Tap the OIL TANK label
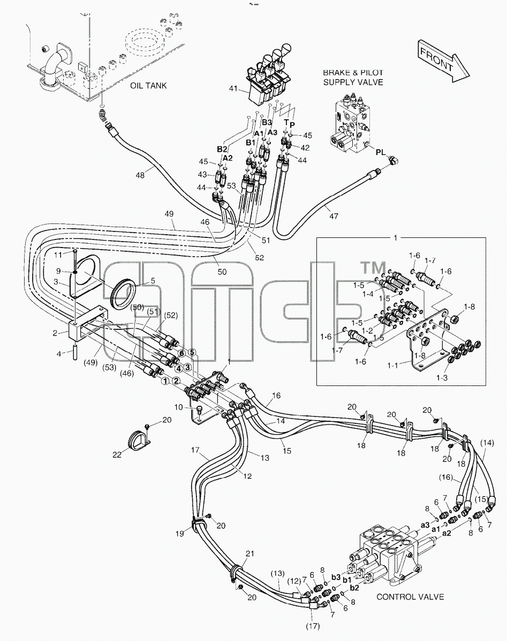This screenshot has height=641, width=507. [148, 86]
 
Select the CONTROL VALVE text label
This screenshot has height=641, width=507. [410, 597]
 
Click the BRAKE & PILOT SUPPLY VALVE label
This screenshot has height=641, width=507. [353, 78]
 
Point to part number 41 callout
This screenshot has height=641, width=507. [233, 88]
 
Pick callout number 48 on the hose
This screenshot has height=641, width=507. [140, 175]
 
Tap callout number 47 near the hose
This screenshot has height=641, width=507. [334, 215]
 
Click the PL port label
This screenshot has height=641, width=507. [381, 152]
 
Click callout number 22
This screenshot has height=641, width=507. [117, 454]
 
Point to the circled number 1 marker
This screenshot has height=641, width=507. [165, 381]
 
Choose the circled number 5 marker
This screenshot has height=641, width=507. [192, 352]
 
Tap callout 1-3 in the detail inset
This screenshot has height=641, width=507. [442, 377]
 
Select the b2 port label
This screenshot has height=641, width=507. [354, 588]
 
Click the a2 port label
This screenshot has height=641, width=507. [447, 532]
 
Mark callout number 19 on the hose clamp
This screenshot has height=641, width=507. [180, 534]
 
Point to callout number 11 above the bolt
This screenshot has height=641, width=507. [58, 254]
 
